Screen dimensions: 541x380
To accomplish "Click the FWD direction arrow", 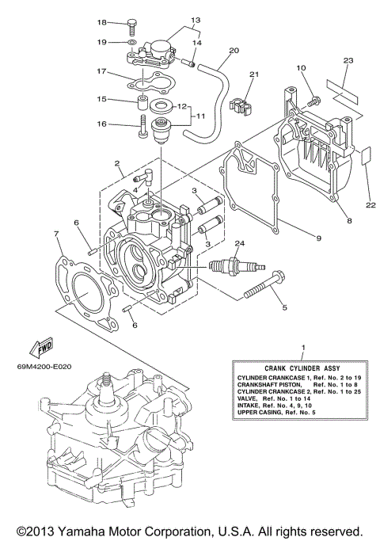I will click(39, 345).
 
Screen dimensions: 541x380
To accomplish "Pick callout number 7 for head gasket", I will click(56, 234).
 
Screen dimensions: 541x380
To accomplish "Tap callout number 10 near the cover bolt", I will click(301, 69).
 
